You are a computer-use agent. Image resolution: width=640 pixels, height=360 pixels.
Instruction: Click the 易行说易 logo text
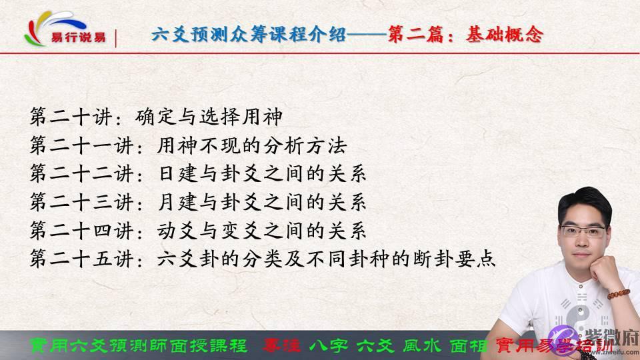point(78,37)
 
